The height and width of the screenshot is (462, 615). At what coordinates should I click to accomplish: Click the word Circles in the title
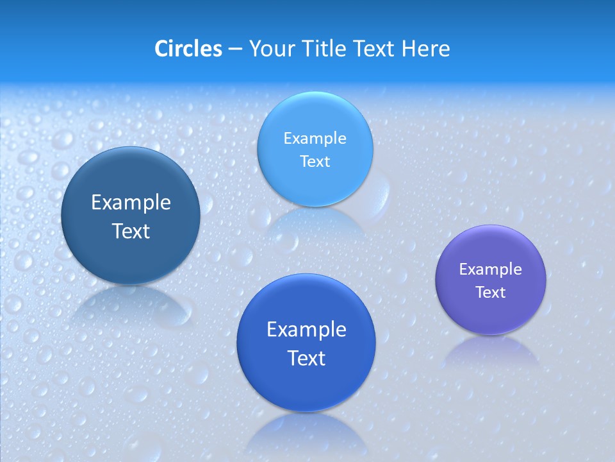pos(188,49)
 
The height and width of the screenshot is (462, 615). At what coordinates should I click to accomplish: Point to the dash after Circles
pos(234,49)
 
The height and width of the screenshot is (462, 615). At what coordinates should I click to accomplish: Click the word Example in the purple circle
pos(491,269)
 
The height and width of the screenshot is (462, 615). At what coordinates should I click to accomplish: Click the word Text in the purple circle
pos(491,293)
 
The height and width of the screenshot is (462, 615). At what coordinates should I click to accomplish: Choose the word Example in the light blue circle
pos(315,139)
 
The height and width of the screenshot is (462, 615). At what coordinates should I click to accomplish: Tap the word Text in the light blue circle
pos(315,162)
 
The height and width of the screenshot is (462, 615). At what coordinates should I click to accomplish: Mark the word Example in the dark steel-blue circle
pos(131,203)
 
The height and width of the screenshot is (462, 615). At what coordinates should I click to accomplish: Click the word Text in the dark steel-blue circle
pos(131,231)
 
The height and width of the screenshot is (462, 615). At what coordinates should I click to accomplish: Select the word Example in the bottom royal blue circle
pos(306,330)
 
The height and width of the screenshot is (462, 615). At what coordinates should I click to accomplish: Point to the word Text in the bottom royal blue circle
pos(306,358)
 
